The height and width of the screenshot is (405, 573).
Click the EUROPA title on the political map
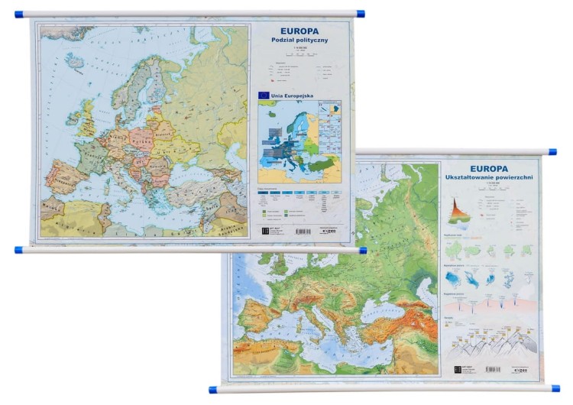pos(299,31)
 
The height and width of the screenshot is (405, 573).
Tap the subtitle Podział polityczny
pos(299,41)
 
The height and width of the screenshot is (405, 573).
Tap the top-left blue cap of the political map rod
pos(19,13)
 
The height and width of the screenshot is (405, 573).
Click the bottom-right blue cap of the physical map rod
pos(555,387)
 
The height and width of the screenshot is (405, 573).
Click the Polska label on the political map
pos(140,141)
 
